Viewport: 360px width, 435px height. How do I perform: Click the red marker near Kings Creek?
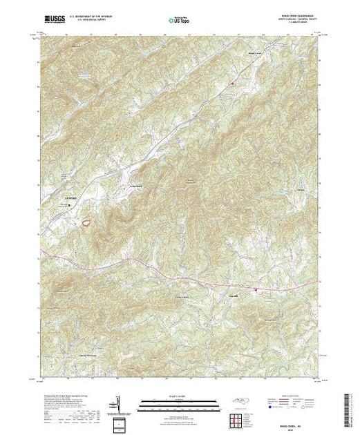(x=233, y=84)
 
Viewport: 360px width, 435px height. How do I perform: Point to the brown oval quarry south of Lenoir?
(x=87, y=223)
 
